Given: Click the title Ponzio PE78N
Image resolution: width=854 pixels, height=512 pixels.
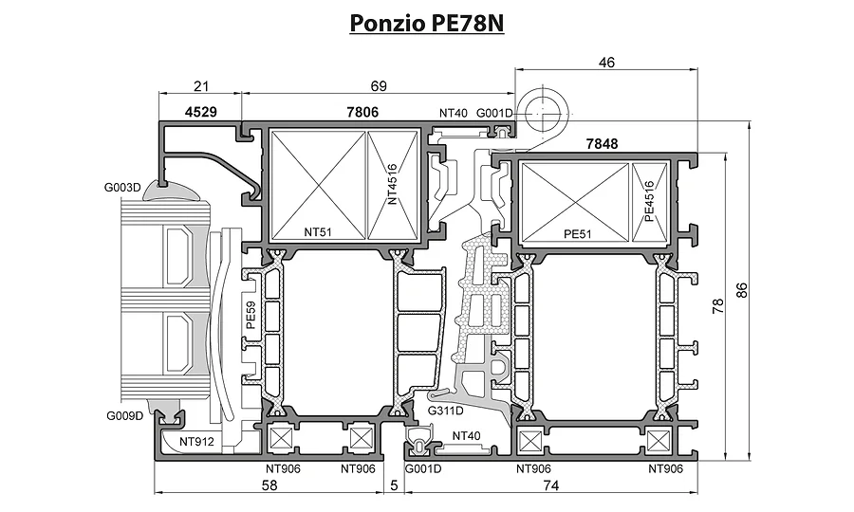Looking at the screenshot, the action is pyautogui.click(x=426, y=24).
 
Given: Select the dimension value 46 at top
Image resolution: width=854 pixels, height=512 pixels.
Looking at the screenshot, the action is pyautogui.click(x=606, y=63).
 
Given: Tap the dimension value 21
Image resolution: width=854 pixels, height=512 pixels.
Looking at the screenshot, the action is pyautogui.click(x=201, y=86).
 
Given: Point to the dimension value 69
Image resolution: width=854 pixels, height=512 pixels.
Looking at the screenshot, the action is pyautogui.click(x=378, y=86).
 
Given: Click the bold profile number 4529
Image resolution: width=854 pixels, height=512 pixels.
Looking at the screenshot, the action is pyautogui.click(x=201, y=112).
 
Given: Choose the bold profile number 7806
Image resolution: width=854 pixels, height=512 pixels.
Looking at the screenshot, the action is pyautogui.click(x=362, y=112).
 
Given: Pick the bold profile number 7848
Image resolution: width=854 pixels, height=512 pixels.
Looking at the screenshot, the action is pyautogui.click(x=602, y=143).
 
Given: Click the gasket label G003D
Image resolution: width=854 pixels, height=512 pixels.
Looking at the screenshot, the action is pyautogui.click(x=122, y=188).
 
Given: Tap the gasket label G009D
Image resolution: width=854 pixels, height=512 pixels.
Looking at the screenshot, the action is pyautogui.click(x=124, y=415).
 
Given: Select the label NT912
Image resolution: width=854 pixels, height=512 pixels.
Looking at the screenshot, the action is pyautogui.click(x=196, y=442).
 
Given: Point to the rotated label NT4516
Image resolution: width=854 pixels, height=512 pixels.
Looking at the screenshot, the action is pyautogui.click(x=393, y=184).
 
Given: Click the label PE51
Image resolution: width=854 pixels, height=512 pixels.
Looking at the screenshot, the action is pyautogui.click(x=577, y=234).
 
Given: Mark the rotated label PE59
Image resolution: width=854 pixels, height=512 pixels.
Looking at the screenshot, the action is pyautogui.click(x=251, y=316).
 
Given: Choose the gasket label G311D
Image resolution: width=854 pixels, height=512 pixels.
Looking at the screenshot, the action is pyautogui.click(x=446, y=411).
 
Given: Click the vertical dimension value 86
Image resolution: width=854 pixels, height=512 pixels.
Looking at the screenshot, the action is pyautogui.click(x=742, y=290).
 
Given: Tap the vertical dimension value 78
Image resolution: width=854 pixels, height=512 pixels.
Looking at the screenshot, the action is pyautogui.click(x=718, y=306).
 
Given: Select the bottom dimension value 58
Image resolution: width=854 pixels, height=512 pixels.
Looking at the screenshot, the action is pyautogui.click(x=269, y=485).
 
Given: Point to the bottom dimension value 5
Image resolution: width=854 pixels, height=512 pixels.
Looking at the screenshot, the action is pyautogui.click(x=395, y=485).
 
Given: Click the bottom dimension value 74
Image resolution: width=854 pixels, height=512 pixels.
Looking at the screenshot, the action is pyautogui.click(x=551, y=485).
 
